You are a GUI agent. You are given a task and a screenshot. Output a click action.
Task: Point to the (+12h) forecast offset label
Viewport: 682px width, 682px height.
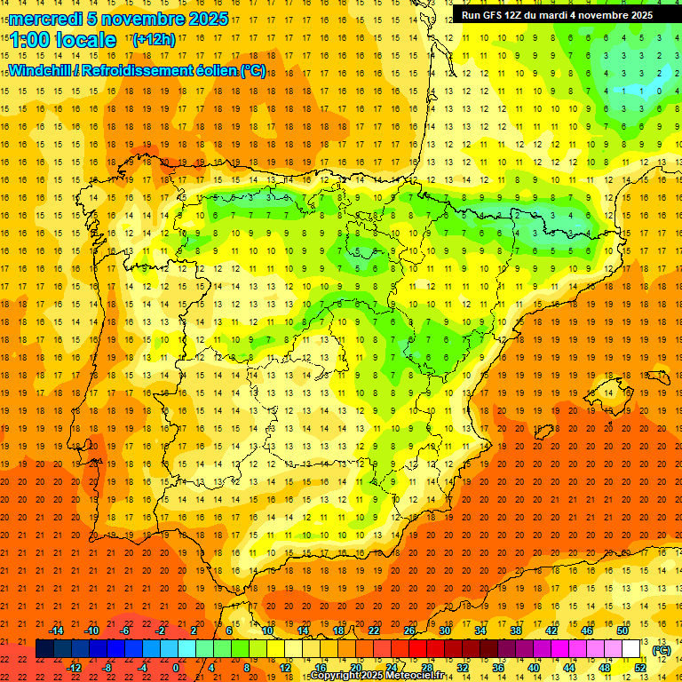click(154, 39)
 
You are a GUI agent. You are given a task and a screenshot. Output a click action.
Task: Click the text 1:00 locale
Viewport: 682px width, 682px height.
click(63, 40)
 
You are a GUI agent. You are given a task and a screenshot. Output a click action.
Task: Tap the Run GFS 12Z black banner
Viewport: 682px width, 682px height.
click(557, 15)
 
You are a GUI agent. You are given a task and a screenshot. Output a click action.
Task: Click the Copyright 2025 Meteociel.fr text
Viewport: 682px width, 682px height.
click(377, 676)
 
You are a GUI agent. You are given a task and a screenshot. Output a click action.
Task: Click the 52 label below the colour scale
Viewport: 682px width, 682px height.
click(640, 668)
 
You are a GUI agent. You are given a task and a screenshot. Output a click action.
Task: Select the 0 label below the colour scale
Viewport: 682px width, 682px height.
click(176, 668)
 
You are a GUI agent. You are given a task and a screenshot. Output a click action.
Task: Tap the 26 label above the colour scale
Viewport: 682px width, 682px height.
click(409, 630)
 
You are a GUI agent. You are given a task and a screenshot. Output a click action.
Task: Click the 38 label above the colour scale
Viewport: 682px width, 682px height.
click(516, 630)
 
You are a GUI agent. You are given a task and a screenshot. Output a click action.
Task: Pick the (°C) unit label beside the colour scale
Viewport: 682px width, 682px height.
click(662, 650)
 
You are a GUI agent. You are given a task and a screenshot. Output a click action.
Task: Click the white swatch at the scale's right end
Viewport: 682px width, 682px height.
click(631, 649)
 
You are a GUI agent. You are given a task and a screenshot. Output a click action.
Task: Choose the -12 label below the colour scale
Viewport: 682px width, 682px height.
click(74, 668)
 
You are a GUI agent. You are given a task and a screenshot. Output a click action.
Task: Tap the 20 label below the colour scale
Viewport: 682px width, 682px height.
click(355, 668)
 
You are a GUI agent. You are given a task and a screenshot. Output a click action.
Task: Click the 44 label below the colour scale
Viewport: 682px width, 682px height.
click(568, 668)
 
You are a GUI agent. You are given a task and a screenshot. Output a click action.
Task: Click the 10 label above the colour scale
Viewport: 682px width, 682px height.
click(267, 630)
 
